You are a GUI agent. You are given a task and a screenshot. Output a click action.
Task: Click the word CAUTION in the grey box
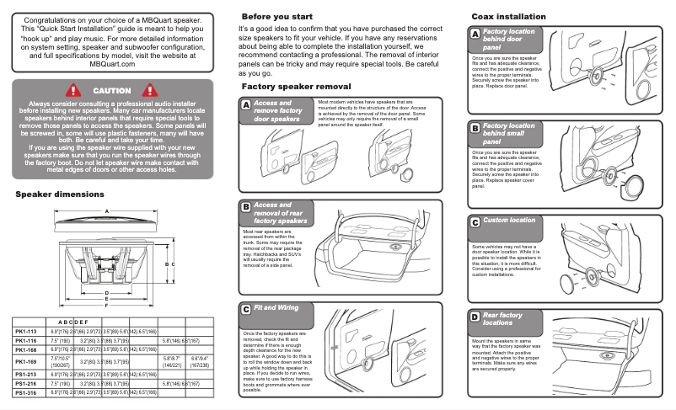(111, 90)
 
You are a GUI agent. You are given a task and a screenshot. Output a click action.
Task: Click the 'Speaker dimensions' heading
(60, 194)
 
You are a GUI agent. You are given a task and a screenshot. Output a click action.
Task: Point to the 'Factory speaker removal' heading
(296, 87)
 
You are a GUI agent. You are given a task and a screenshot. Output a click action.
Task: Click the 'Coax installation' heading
(509, 17)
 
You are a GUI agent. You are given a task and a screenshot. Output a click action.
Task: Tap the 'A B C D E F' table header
(72, 322)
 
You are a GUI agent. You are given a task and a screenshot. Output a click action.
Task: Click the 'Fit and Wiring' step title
(276, 308)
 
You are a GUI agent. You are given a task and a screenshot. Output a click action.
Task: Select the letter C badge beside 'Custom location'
(475, 221)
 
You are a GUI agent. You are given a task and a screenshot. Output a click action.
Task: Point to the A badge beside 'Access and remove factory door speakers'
(245, 105)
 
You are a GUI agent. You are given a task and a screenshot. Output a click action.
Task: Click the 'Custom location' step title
(508, 221)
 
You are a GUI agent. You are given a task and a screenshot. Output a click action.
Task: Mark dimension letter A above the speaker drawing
(106, 210)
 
